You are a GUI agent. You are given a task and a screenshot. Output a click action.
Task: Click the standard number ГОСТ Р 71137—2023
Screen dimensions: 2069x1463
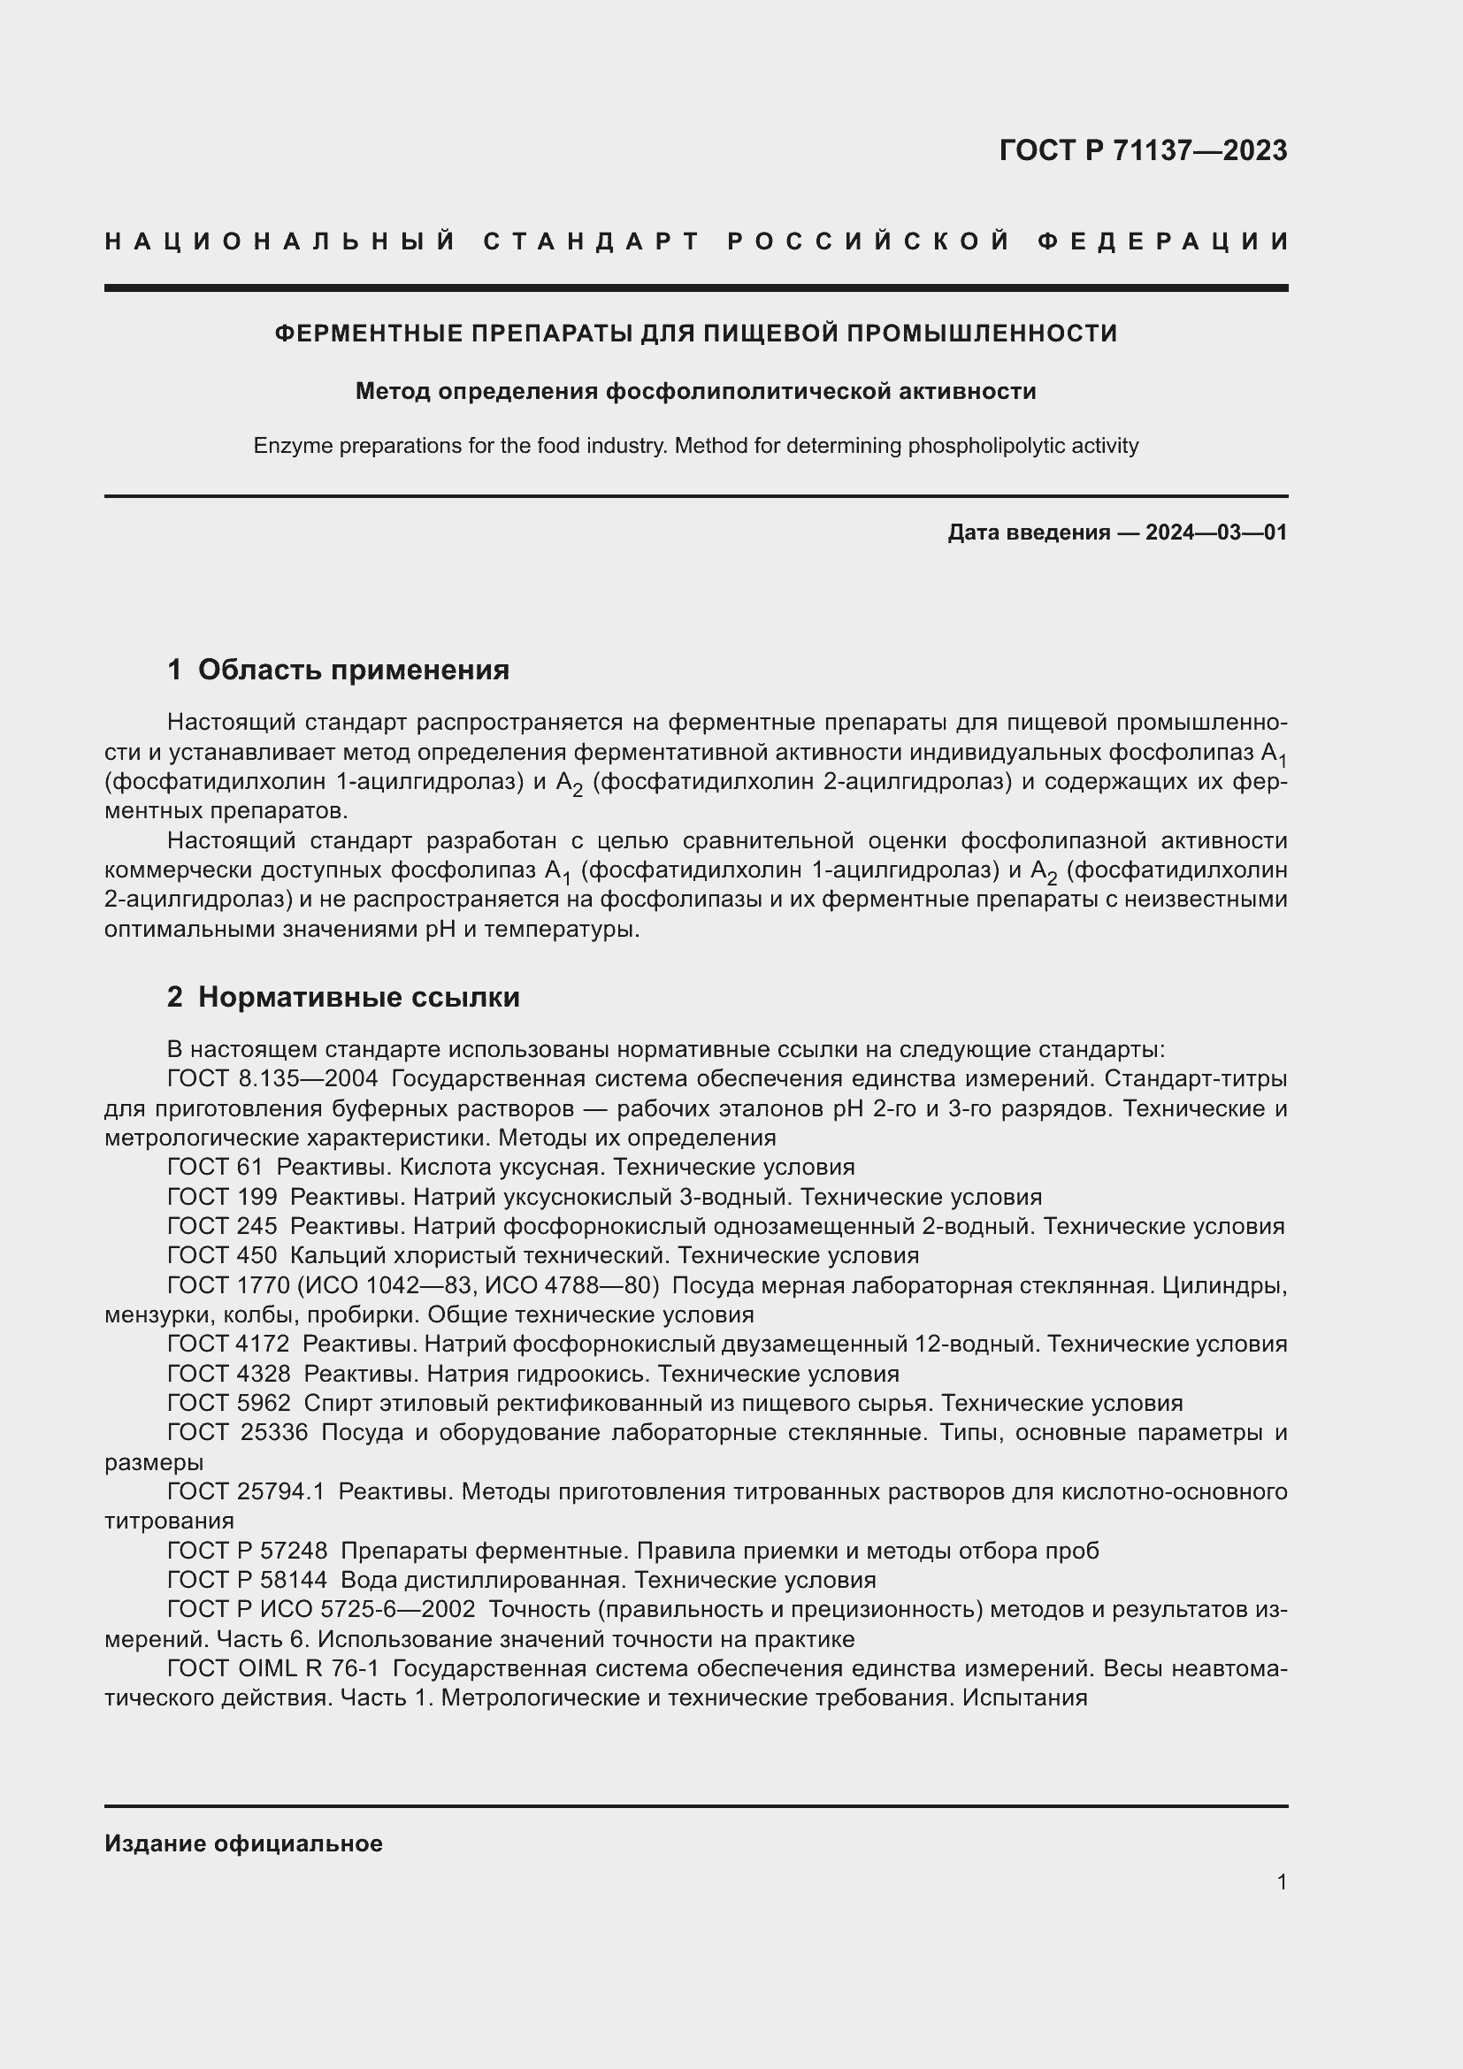tap(1142, 150)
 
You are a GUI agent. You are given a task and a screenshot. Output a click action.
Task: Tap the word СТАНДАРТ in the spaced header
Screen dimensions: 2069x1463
tap(592, 241)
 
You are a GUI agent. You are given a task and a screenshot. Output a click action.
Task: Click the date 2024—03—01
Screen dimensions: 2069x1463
tap(1216, 533)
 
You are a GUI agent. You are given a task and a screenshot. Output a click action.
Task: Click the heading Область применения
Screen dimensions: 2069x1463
tap(353, 670)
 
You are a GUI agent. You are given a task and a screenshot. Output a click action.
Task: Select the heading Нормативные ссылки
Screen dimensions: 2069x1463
tap(358, 997)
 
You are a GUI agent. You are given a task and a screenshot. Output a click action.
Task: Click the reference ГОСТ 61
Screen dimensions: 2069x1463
tap(214, 1167)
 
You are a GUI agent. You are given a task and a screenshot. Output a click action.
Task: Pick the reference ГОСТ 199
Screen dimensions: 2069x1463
tap(222, 1197)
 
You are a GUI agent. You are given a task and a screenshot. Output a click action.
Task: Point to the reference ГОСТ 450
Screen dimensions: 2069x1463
tap(222, 1255)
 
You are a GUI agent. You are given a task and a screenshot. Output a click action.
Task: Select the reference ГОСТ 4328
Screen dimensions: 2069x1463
tap(229, 1374)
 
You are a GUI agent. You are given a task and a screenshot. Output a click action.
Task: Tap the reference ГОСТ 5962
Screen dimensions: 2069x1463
tap(229, 1403)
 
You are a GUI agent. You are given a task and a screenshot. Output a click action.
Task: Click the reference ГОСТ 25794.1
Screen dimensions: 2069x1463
tap(245, 1491)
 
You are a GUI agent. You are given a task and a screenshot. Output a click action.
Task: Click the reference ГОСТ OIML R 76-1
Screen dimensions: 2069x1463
tap(273, 1668)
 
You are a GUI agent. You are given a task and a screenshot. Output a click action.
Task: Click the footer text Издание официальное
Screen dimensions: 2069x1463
tap(243, 1843)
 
